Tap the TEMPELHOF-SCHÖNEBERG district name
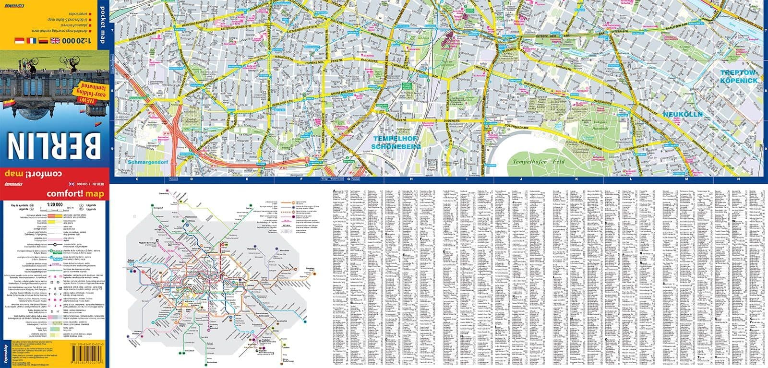click(x=396, y=142)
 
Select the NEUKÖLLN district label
click(x=683, y=115)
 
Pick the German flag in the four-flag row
click(x=42, y=40)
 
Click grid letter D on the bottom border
click(x=192, y=179)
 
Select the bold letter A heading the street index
click(x=334, y=190)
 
